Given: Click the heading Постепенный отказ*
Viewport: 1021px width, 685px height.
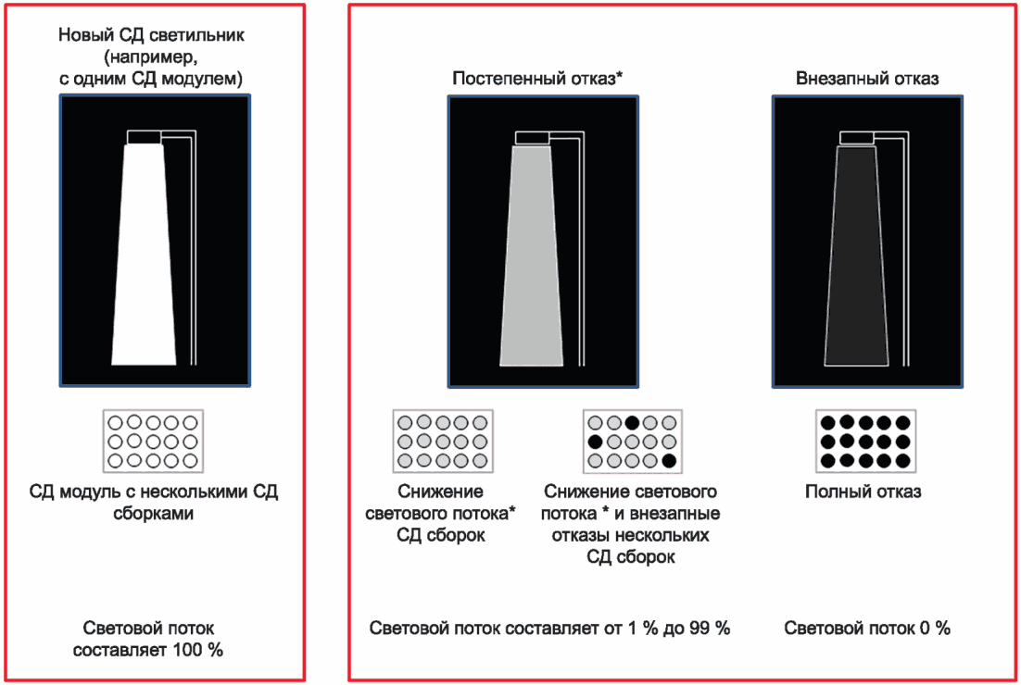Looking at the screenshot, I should tap(537, 79).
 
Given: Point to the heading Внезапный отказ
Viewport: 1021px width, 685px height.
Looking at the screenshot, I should tap(867, 79).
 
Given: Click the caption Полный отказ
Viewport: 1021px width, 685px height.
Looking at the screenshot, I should tap(863, 492).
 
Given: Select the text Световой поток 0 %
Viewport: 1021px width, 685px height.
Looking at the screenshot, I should tap(867, 629).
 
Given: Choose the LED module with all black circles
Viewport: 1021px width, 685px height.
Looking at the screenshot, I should tap(865, 441).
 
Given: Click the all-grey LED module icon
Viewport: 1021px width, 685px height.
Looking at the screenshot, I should tap(443, 441).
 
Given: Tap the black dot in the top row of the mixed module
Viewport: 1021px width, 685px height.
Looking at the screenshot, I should tap(632, 423).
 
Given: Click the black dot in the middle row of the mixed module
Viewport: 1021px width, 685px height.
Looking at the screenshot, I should tap(596, 441).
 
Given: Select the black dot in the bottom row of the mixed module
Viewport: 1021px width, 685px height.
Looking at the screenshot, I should tap(669, 459).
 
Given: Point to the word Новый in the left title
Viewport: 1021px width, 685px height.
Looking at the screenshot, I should tap(81, 36).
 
